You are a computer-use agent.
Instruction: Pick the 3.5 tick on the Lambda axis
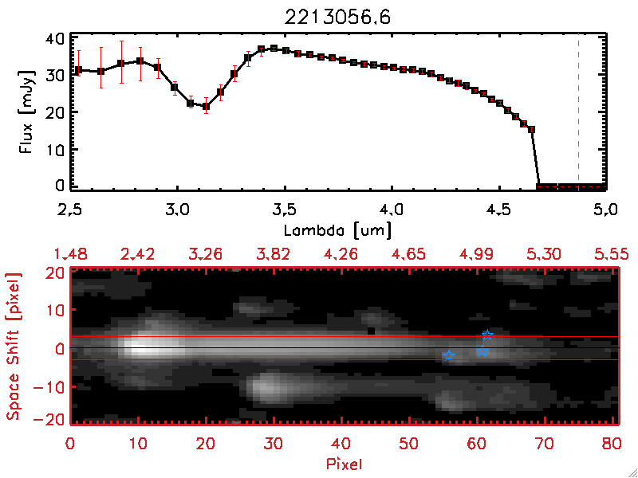tap(284, 210)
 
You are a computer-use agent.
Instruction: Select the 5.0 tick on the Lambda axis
tap(605, 210)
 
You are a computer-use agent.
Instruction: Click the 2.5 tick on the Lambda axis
tap(71, 210)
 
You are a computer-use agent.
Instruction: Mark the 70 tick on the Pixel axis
tap(544, 441)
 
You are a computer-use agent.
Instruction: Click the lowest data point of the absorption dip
tap(206, 106)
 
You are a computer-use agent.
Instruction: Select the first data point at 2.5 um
tap(78, 70)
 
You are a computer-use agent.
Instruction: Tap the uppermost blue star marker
tap(488, 335)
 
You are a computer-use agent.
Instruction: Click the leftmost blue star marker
tap(448, 355)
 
